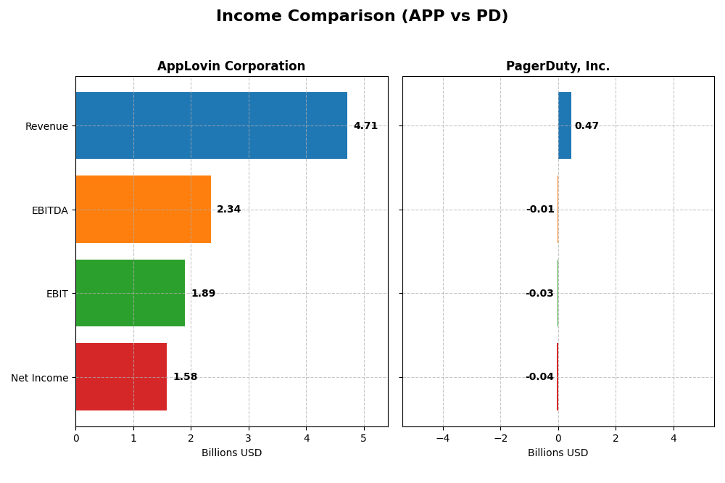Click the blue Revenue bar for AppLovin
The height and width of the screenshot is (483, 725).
pyautogui.click(x=211, y=125)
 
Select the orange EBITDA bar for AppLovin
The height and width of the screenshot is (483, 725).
pyautogui.click(x=143, y=210)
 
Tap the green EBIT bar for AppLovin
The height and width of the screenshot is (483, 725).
pyautogui.click(x=130, y=293)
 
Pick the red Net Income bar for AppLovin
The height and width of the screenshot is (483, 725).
pyautogui.click(x=121, y=377)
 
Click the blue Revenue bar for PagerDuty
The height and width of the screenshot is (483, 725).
pyautogui.click(x=565, y=125)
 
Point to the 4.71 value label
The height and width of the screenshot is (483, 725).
pyautogui.click(x=365, y=126)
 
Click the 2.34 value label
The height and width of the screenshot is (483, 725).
pyautogui.click(x=228, y=210)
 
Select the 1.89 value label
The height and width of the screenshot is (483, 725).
pyautogui.click(x=203, y=294)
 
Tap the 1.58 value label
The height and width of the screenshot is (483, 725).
pyautogui.click(x=185, y=377)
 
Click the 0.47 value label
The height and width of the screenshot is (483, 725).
pyautogui.click(x=587, y=126)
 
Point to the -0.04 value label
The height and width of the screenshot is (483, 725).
pyautogui.click(x=539, y=377)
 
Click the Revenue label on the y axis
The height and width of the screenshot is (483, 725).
pyautogui.click(x=46, y=126)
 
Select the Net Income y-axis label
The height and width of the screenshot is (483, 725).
pyautogui.click(x=39, y=377)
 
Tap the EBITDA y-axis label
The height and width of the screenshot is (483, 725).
pyautogui.click(x=49, y=210)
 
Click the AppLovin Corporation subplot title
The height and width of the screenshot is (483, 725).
pyautogui.click(x=231, y=67)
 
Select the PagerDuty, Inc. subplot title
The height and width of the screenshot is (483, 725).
pyautogui.click(x=558, y=67)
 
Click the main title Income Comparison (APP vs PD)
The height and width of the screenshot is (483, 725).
pyautogui.click(x=362, y=17)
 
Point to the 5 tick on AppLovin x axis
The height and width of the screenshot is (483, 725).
pyautogui.click(x=364, y=438)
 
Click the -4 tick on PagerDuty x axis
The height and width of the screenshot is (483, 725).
pyautogui.click(x=442, y=438)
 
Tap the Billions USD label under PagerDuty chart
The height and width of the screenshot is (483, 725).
pyautogui.click(x=558, y=453)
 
